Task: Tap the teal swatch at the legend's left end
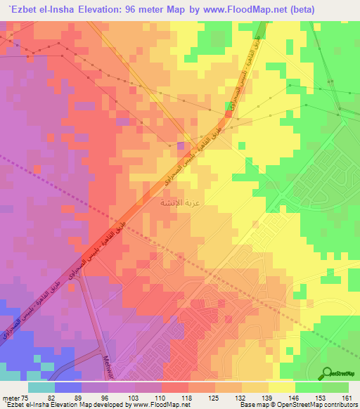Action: pyautogui.click(x=41, y=387)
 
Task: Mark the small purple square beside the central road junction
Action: pyautogui.click(x=181, y=146)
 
